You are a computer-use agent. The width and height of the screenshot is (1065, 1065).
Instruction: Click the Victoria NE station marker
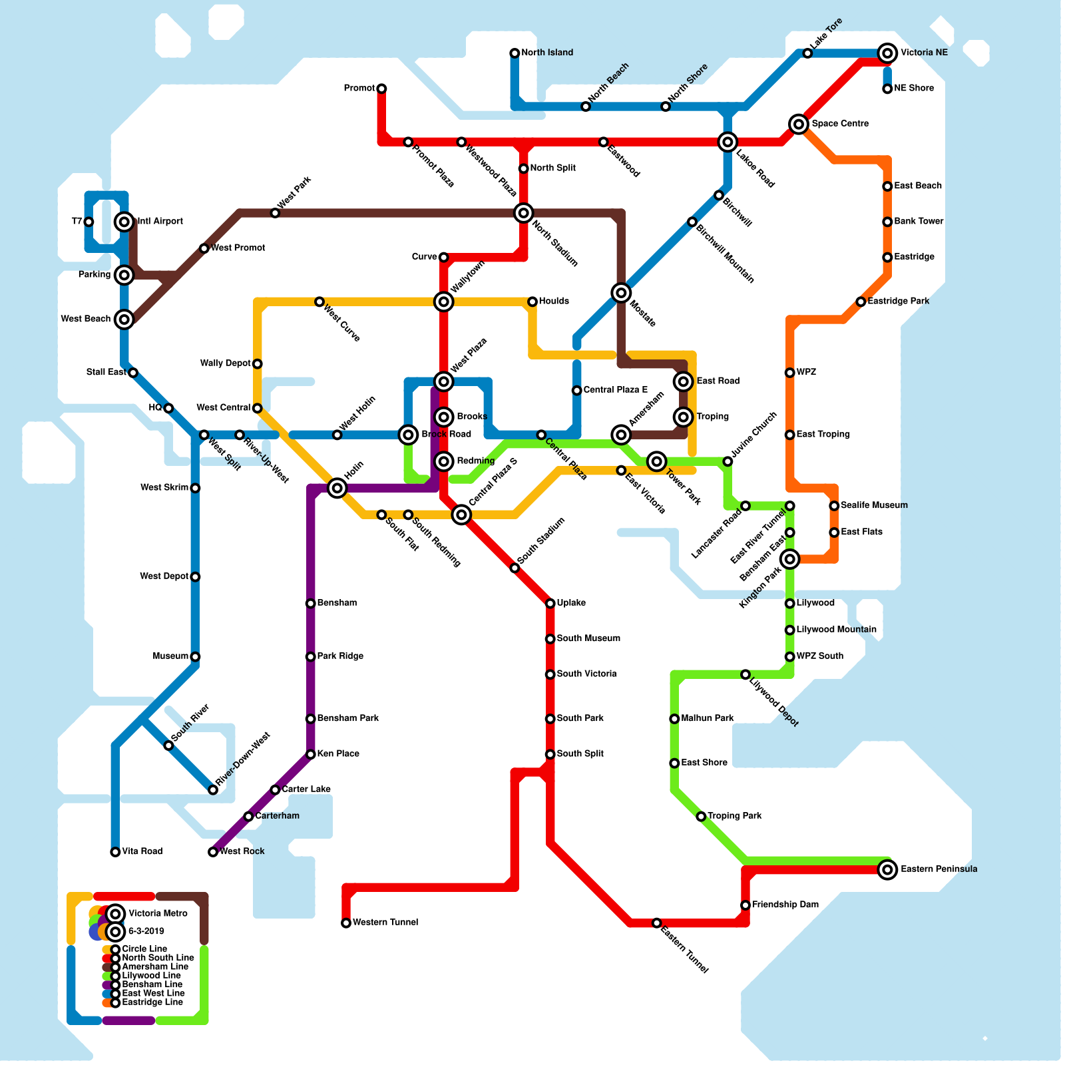(887, 53)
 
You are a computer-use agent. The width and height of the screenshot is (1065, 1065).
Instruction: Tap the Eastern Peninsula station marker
(887, 869)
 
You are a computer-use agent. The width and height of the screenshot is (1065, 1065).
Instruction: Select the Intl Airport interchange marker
(124, 222)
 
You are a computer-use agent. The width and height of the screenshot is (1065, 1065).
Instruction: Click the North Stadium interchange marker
(524, 213)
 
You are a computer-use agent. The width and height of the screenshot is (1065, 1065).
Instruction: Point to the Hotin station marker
(337, 489)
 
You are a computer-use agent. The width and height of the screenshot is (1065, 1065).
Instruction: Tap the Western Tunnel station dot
(346, 923)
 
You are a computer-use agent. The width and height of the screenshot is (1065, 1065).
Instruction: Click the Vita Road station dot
(115, 852)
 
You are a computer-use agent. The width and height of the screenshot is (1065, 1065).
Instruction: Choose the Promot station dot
(381, 89)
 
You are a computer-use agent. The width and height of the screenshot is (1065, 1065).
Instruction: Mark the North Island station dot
(515, 53)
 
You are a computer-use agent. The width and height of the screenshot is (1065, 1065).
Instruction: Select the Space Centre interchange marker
(799, 124)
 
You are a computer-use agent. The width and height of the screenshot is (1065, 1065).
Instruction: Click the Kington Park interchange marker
(789, 559)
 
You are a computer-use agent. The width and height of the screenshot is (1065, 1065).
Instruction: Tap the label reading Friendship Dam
(785, 905)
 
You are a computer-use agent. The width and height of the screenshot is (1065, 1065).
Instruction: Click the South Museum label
(588, 638)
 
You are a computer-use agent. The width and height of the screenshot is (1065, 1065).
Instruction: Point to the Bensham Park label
(348, 718)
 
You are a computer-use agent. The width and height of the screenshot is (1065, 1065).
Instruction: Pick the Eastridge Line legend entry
(152, 1002)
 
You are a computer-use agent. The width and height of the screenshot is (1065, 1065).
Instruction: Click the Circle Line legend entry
(144, 949)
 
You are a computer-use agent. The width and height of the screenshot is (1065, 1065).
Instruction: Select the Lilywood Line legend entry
(151, 976)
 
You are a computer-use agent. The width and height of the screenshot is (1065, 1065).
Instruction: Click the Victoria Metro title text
(158, 913)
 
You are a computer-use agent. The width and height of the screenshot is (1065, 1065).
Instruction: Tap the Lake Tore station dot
(807, 53)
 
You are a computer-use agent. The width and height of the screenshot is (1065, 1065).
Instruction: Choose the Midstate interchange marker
(621, 293)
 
